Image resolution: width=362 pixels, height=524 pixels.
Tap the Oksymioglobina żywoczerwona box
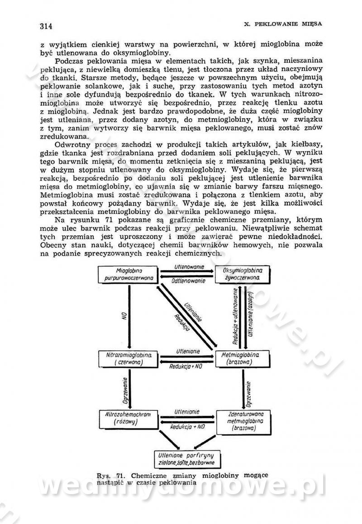(241, 273)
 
